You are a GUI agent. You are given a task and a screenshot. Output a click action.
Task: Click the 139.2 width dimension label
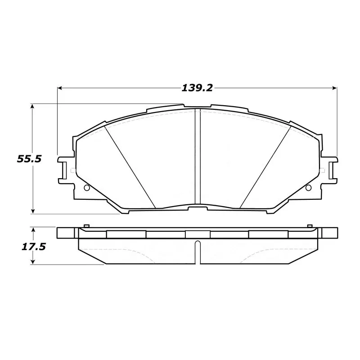pos(197,88)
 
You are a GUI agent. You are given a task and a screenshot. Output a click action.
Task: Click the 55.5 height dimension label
pos(26,158)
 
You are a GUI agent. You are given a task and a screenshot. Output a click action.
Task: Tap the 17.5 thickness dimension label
pos(26,247)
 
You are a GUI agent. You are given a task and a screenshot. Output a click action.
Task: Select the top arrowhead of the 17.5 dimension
pos(32,229)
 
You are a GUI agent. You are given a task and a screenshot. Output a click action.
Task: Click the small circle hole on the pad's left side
pos(87,188)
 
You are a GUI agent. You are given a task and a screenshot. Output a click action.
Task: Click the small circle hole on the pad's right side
pos(308,188)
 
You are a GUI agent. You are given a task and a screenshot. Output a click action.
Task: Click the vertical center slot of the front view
pos(197,157)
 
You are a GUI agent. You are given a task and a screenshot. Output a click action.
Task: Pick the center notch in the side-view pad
pos(197,252)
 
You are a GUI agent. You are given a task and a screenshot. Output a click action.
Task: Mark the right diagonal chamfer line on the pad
pos(265,166)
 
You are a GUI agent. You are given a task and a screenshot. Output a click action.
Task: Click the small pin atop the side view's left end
pos(86,225)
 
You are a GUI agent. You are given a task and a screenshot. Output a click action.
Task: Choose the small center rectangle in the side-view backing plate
pos(197,234)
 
